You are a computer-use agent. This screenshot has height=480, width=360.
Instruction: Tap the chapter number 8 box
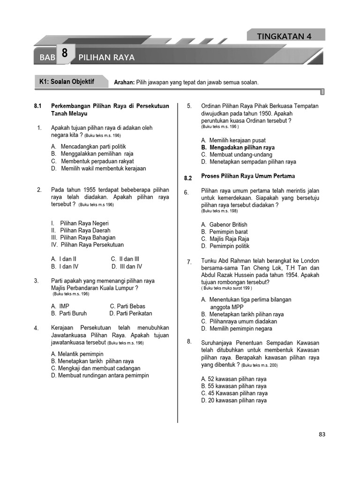(64, 54)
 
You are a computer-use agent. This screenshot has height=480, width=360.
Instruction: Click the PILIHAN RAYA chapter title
(106, 57)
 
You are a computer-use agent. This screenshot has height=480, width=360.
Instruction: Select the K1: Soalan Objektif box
(67, 82)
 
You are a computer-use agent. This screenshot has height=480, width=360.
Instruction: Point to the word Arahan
(124, 82)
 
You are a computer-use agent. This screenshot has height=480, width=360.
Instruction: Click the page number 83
(322, 434)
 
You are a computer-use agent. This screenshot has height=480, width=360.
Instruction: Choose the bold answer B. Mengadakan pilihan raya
(238, 147)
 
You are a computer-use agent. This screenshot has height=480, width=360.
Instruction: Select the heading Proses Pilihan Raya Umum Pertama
(247, 176)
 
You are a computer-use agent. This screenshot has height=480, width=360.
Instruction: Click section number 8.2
(188, 178)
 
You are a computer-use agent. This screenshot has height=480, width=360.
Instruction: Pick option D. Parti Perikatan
(131, 314)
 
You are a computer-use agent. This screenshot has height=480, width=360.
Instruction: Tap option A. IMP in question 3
(60, 306)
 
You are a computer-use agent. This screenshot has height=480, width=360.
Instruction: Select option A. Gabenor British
(224, 225)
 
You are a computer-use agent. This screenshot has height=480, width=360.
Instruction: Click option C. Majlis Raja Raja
(225, 239)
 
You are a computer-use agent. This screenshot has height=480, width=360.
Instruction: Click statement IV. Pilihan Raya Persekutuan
(87, 245)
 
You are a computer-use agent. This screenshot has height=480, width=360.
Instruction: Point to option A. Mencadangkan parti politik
(89, 147)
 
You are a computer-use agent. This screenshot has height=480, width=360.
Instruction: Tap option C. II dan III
(125, 259)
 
